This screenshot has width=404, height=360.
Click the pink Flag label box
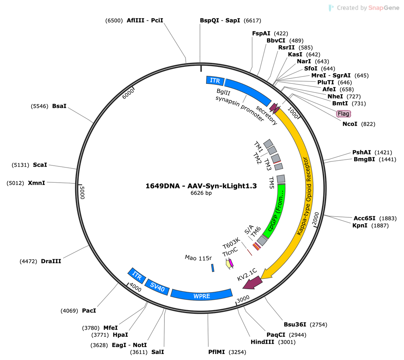(343, 113)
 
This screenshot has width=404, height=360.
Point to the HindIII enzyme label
(262, 342)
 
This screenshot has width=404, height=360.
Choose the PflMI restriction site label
(217, 352)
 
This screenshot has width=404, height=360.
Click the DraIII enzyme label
(51, 261)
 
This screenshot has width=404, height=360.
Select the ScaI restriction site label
(40, 165)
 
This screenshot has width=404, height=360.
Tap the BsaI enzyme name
(59, 106)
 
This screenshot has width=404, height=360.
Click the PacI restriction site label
(89, 310)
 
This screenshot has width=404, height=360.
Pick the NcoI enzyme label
(350, 124)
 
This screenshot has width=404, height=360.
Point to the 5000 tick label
(82, 193)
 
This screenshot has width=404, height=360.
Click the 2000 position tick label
(316, 218)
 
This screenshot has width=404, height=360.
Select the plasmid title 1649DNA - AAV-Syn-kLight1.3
(201, 186)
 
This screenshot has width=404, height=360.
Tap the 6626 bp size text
(201, 193)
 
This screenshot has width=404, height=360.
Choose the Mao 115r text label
(198, 258)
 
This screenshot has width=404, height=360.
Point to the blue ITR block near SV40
(136, 276)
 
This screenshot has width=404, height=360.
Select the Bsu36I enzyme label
(295, 324)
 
